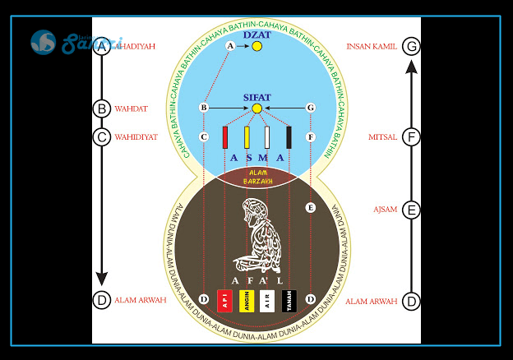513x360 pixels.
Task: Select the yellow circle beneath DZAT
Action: point(256,47)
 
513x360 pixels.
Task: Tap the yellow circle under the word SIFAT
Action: point(256,108)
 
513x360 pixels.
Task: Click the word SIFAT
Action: point(256,97)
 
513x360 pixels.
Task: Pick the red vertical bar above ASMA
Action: point(224,136)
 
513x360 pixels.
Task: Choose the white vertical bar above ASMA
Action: point(267,136)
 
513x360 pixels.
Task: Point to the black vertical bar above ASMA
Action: point(289,136)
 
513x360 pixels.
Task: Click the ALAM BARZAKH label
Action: point(256,177)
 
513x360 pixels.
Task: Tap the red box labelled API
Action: point(224,301)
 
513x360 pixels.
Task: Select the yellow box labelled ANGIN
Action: point(246,301)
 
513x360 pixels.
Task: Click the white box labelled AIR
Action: point(267,301)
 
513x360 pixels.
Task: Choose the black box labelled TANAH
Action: point(288,301)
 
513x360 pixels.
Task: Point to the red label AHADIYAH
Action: point(136,47)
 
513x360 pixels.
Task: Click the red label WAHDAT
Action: point(132,108)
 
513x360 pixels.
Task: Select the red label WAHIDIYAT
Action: point(136,137)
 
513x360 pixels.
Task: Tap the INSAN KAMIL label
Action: point(372,47)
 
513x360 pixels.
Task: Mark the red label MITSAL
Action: point(383,137)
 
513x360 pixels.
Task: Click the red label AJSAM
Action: point(385,210)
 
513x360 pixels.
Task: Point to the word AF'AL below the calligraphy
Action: point(256,281)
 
